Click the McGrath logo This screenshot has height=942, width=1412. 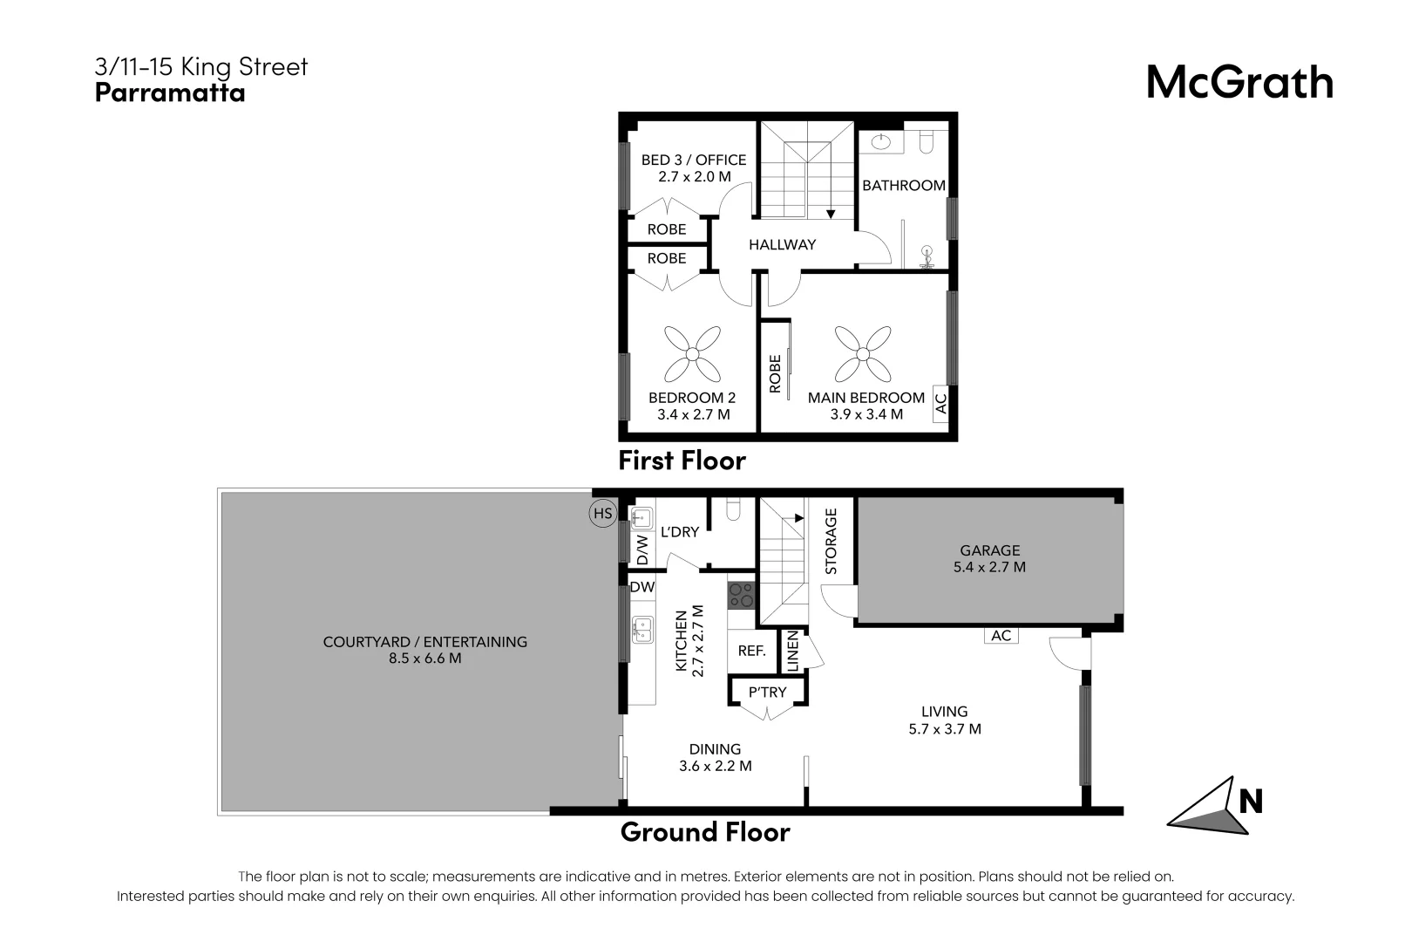(1239, 83)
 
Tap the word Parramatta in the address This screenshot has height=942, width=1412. (170, 93)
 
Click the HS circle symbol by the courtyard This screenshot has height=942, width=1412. (602, 514)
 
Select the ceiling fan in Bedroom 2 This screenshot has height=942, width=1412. (692, 354)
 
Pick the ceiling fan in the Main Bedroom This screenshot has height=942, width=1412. (863, 354)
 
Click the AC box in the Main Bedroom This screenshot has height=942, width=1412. (940, 404)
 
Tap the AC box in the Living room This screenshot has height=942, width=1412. (1001, 636)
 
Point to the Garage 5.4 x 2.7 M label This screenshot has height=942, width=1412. (989, 558)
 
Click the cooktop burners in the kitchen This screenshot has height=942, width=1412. (741, 596)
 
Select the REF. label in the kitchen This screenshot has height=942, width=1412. (751, 651)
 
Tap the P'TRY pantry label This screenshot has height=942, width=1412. (767, 692)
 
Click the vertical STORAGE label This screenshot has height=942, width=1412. (831, 542)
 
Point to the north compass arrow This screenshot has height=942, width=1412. (1207, 807)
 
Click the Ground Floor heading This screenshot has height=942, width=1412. (704, 832)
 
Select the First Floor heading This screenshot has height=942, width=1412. (682, 461)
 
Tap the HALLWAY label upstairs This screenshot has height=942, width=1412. (782, 245)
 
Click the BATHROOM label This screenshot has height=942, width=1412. (903, 186)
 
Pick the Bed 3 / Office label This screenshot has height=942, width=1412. (694, 167)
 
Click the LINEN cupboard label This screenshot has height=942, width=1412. (792, 651)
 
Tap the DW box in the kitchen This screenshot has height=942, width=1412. (642, 587)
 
